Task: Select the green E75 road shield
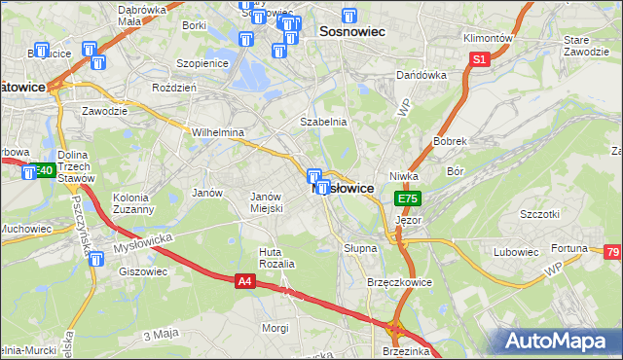pos(407,198)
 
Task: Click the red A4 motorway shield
pos(246,281)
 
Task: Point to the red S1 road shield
pos(478,60)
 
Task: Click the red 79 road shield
pos(613,253)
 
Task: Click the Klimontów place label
pos(488,38)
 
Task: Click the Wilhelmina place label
pos(217,131)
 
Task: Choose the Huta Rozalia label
pos(275,258)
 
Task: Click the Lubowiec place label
pos(516,252)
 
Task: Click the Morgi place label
pos(275,328)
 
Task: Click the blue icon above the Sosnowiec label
pos(349,16)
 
